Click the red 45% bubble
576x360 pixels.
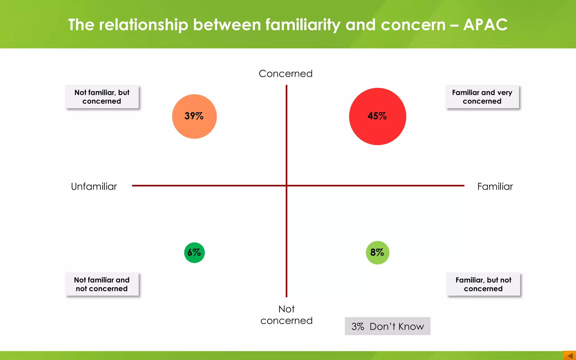pos(377,116)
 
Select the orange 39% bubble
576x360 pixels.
pos(194,116)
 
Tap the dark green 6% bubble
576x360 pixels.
pos(194,253)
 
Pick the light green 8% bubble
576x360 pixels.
pos(377,253)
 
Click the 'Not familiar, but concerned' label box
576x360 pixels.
pos(102,97)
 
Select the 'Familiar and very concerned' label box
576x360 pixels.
pos(482,97)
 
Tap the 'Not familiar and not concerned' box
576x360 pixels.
pos(102,284)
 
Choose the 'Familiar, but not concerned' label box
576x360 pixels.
pos(483,284)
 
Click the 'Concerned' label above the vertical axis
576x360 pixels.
pos(285,74)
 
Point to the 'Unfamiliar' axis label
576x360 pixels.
pos(94,186)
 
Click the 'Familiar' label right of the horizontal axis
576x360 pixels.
pos(495,186)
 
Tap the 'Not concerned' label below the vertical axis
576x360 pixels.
pos(286,315)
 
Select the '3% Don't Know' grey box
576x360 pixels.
pos(388,326)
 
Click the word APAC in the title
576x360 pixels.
pos(485,25)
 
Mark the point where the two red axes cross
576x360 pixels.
pos(287,186)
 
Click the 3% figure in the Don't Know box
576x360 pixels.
pos(358,327)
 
